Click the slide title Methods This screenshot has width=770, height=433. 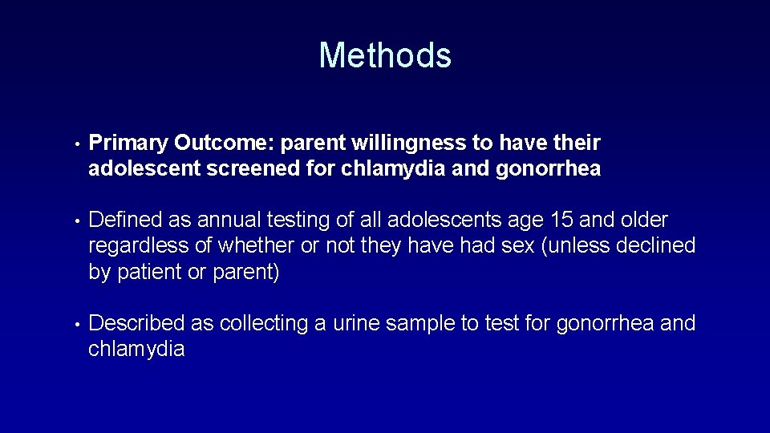click(x=385, y=55)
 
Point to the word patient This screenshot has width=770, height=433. click(x=150, y=272)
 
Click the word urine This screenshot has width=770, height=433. click(x=356, y=323)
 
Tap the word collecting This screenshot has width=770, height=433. click(x=263, y=323)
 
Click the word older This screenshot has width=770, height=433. click(x=638, y=221)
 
